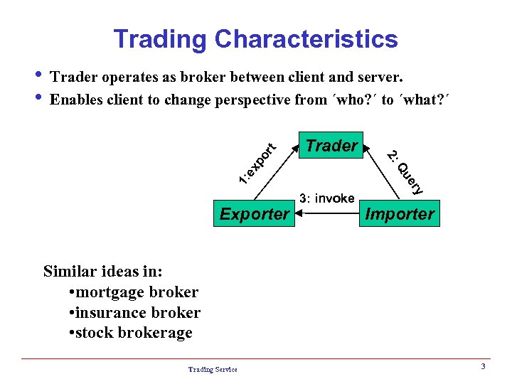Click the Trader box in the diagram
tap(331, 146)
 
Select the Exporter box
tap(254, 213)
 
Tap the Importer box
tap(400, 213)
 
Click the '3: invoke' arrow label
tap(327, 198)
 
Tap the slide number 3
tap(483, 366)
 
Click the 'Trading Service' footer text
tap(213, 368)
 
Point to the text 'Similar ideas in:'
tap(103, 271)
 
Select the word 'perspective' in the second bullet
tap(247, 100)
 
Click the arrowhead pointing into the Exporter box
tap(298, 213)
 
